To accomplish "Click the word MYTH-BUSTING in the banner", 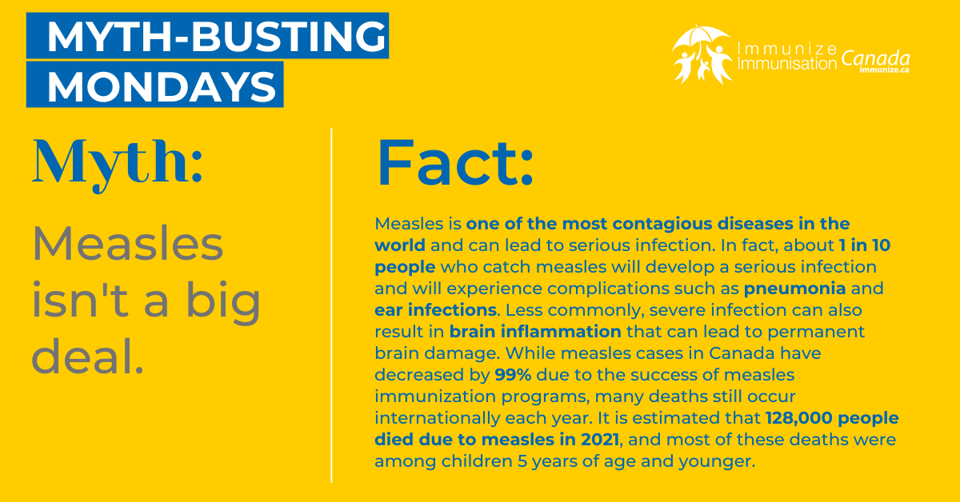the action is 217,36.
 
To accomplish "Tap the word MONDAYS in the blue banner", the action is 162,87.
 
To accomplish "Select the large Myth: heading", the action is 117,165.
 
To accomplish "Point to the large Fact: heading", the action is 454,163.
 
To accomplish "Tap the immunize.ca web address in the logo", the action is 884,70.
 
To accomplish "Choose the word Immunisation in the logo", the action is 787,64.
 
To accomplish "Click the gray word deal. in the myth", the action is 87,357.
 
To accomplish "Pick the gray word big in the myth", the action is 223,301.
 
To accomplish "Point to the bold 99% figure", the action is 513,375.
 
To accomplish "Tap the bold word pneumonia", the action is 794,289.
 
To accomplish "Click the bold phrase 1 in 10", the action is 865,245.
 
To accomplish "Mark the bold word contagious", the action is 662,224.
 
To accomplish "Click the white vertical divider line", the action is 331,305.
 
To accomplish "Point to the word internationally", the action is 437,418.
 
